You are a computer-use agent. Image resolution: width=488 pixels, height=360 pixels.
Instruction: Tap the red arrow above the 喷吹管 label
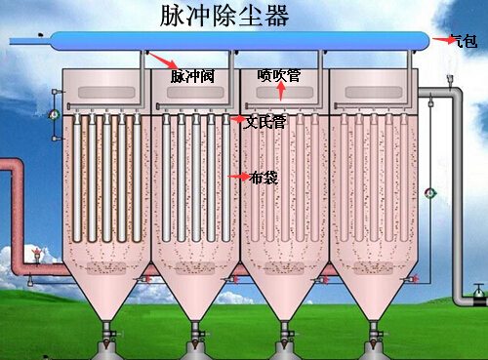pyautogui.click(x=280, y=93)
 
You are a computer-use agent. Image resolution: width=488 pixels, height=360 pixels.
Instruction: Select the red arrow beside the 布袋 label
pyautogui.click(x=235, y=177)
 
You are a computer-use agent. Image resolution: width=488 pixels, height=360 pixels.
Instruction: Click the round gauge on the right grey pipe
pyautogui.click(x=431, y=192)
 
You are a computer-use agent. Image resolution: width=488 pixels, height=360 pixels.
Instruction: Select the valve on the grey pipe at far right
pyautogui.click(x=476, y=291)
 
